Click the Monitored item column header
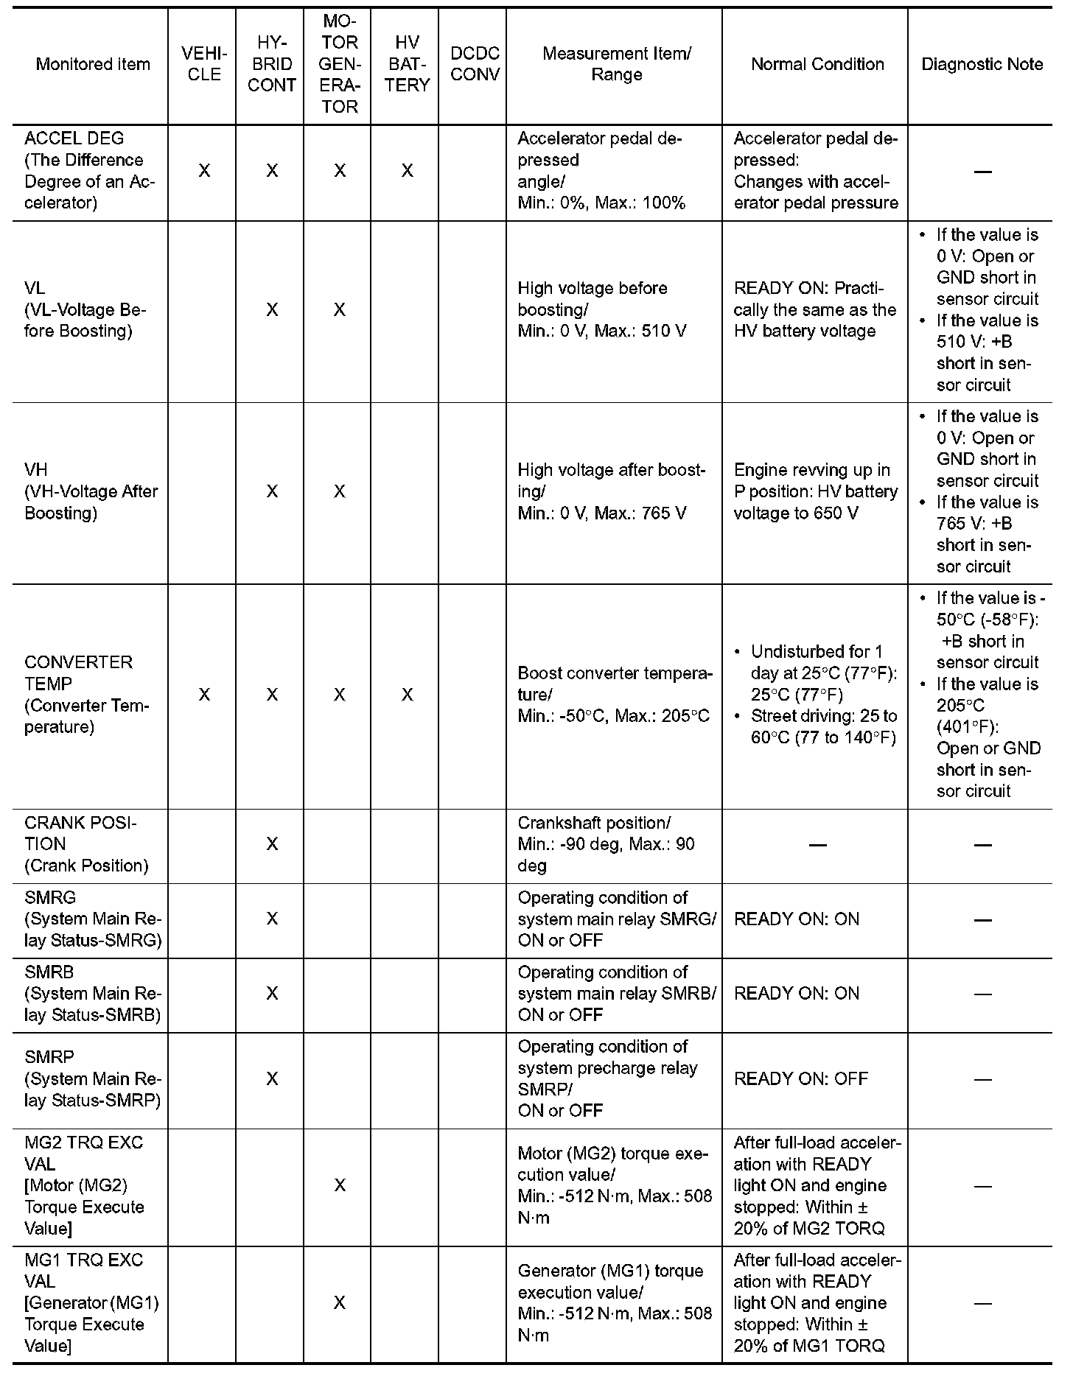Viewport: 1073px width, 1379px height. coord(93,64)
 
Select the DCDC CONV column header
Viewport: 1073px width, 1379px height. coord(475,64)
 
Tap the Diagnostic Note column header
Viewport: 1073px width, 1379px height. coord(982,64)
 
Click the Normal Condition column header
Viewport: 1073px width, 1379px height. coord(817,64)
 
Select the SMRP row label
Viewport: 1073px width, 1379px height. coord(92,1078)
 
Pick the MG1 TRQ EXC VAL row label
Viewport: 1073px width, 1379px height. coord(91,1302)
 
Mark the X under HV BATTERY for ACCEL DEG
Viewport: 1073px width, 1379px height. coord(407,171)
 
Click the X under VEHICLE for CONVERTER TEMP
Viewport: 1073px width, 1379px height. coord(204,695)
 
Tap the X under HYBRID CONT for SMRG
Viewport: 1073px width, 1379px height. coord(272,919)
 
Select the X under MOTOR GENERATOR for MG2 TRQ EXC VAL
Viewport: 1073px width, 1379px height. coord(339,1185)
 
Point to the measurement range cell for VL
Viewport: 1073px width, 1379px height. coord(602,309)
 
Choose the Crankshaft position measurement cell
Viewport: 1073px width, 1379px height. coord(606,844)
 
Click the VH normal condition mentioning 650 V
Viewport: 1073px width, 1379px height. coord(816,491)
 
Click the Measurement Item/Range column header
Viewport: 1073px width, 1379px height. coord(616,64)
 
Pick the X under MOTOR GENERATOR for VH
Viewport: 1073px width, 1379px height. coord(339,491)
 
